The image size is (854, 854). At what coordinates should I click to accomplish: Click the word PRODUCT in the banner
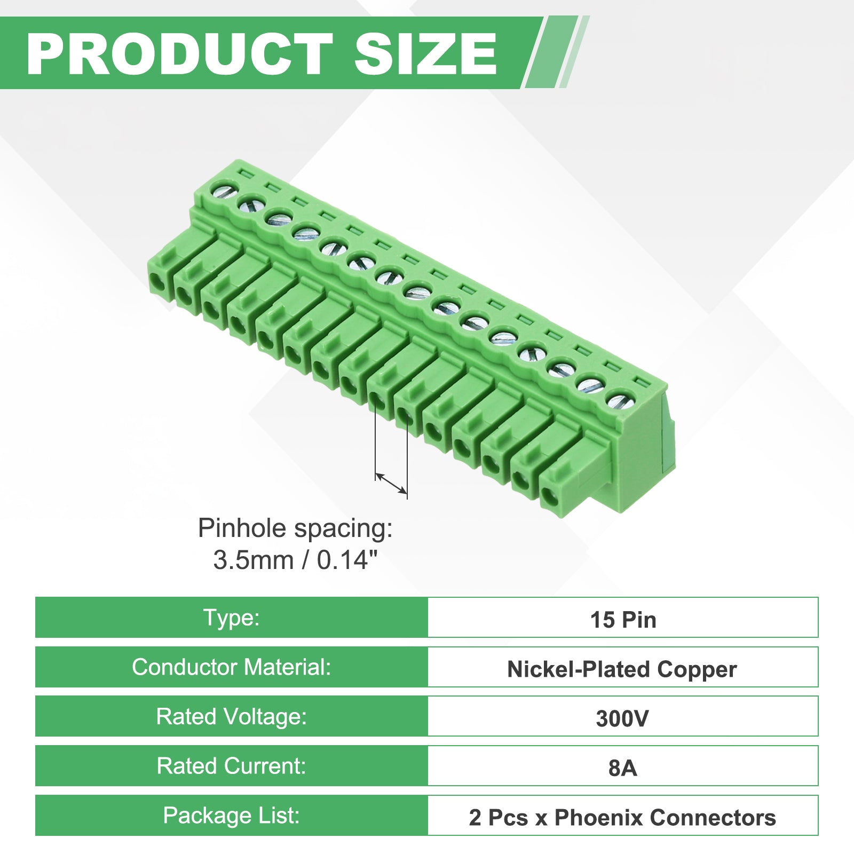click(180, 53)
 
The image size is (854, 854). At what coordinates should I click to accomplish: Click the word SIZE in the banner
click(425, 53)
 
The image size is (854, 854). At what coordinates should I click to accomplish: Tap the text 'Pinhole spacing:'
click(295, 529)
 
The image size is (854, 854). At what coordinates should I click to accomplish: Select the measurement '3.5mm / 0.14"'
click(295, 560)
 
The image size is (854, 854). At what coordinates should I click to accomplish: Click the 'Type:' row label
click(231, 618)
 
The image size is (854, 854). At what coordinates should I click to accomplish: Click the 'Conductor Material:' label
click(231, 667)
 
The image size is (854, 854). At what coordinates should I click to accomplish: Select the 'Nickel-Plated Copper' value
click(622, 669)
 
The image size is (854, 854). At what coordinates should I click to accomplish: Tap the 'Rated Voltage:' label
click(231, 716)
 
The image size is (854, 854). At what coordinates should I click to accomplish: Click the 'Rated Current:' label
click(231, 766)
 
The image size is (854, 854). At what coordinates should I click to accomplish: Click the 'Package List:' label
click(231, 816)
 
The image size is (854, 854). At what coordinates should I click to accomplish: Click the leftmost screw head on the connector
click(224, 188)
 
